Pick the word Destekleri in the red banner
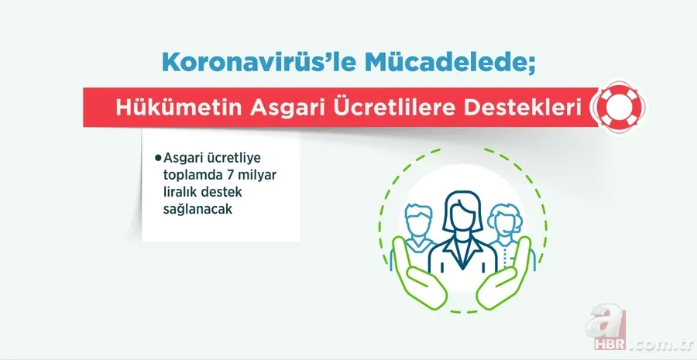(521, 110)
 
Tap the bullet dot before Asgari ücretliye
(158, 157)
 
